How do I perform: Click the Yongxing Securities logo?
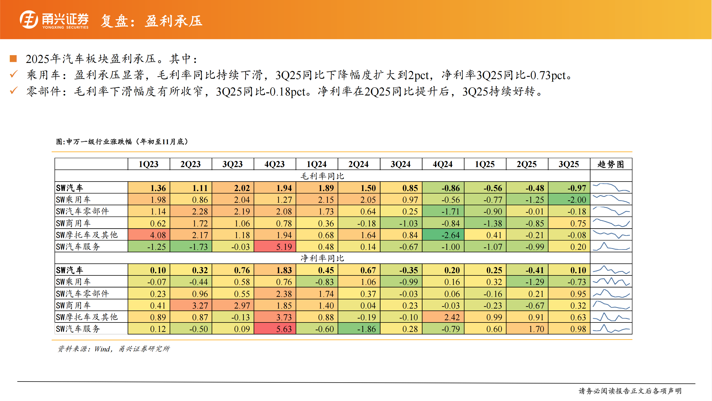pos(54,20)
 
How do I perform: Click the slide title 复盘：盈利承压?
pos(152,21)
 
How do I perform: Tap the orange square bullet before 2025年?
pos(13,59)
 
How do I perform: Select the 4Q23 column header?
pos(275,164)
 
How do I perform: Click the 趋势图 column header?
pos(611,164)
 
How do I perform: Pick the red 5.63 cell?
pos(275,329)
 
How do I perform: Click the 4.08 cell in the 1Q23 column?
pos(149,235)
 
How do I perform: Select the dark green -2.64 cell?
pos(443,235)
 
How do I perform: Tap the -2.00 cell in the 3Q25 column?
pos(569,200)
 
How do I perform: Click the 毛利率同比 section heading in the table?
pos(322,176)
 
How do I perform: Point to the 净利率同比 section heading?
pos(322,258)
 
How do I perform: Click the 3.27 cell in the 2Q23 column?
pos(191,305)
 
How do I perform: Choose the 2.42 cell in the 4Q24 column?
pos(443,317)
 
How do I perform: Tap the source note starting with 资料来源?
pos(113,349)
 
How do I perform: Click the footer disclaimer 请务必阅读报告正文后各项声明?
pos(630,391)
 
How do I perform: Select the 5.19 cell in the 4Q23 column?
pos(275,247)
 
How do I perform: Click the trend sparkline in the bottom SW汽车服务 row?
pos(611,329)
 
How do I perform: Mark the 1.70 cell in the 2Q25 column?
pos(527,329)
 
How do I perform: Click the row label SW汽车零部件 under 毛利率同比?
pos(82,211)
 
